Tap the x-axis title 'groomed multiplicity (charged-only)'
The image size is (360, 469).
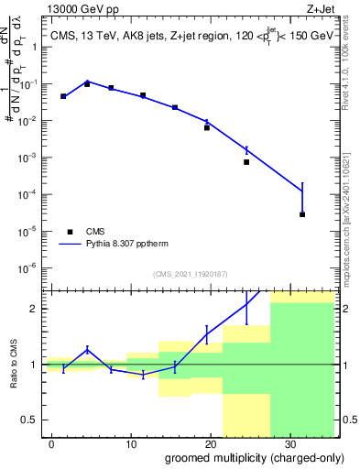243,456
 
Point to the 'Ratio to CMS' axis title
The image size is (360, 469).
16,365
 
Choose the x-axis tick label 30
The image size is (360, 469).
289,442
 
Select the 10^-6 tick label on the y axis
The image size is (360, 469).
31,268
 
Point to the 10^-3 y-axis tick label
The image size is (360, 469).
31,158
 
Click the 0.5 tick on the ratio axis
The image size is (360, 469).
31,420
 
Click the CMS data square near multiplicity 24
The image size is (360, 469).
246,162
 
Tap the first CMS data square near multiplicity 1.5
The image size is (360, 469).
63,96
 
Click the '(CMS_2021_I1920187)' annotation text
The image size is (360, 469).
189,274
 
